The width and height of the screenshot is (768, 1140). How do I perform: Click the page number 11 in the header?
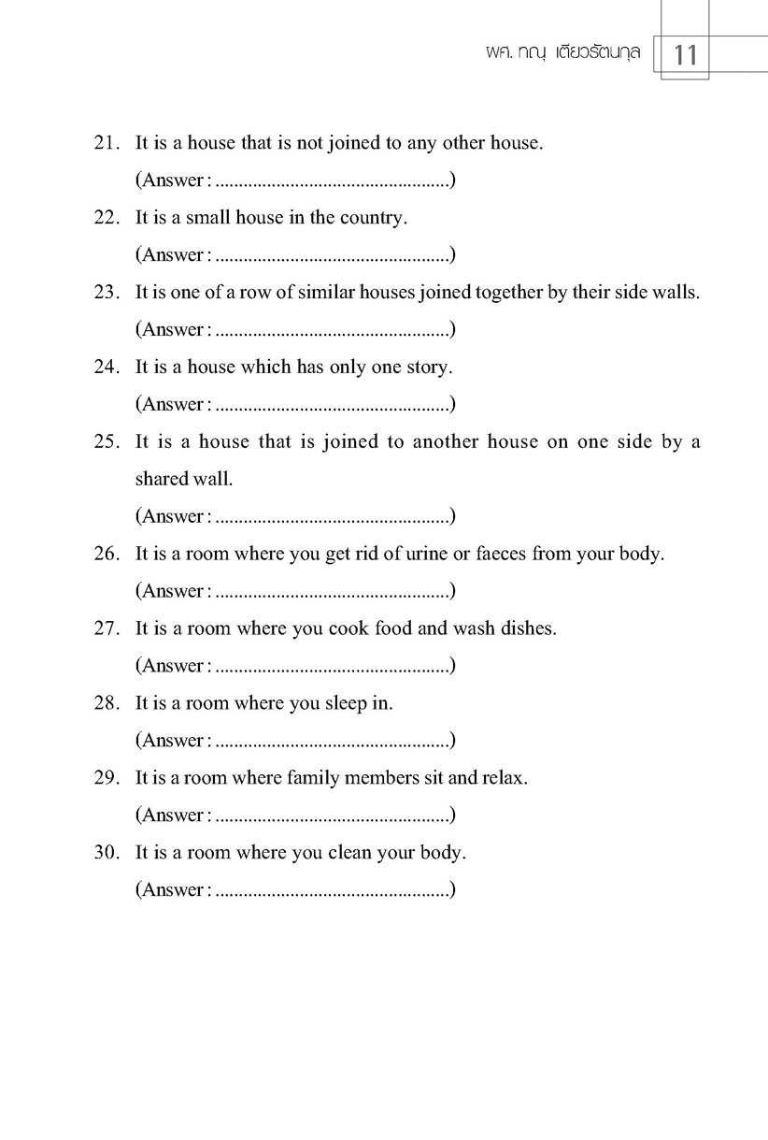(685, 56)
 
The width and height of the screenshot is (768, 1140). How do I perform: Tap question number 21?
(104, 143)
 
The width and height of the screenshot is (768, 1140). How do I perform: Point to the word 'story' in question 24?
(429, 367)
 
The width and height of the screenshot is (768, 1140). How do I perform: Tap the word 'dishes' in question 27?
(529, 628)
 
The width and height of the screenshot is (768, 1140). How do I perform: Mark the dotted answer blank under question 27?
(332, 668)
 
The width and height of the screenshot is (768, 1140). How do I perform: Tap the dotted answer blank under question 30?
(332, 892)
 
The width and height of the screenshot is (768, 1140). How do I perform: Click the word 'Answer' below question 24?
(171, 404)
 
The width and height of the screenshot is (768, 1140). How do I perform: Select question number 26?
(104, 554)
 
